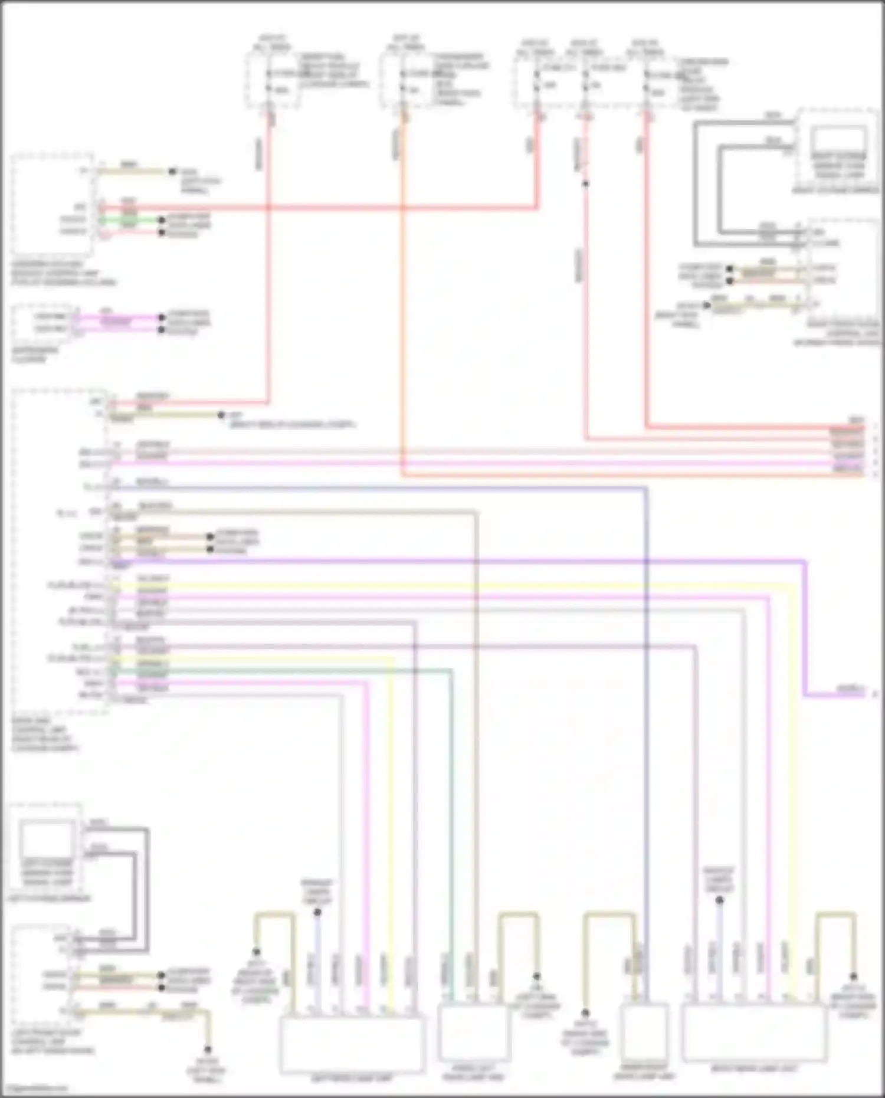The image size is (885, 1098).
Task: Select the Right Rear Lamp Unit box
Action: click(753, 1033)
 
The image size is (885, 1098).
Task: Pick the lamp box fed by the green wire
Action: click(472, 1033)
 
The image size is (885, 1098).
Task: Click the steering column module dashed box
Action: click(52, 204)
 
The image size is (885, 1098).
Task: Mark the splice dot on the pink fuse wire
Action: click(585, 183)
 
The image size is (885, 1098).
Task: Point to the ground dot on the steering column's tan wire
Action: click(172, 172)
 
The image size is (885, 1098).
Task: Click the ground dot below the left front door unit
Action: click(207, 1050)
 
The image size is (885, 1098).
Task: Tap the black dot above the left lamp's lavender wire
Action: click(317, 912)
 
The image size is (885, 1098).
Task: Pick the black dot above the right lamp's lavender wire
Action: click(719, 900)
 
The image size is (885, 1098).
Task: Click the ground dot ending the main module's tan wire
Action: click(221, 415)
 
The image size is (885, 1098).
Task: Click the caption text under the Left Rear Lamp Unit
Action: click(352, 1079)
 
